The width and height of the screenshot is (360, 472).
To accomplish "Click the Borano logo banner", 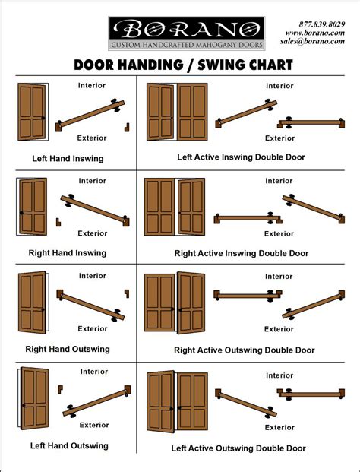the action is [187, 33].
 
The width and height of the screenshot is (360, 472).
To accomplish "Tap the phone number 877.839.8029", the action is [322, 24].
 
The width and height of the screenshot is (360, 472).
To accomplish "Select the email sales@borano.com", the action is [312, 41].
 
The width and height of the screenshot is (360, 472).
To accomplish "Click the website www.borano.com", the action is [315, 33].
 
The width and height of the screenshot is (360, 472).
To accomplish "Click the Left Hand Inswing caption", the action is [68, 158].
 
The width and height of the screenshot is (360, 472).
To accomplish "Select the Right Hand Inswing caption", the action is [68, 253].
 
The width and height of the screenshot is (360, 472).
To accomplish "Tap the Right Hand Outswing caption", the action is [68, 349].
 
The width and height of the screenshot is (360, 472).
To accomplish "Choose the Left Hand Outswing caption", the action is [69, 445].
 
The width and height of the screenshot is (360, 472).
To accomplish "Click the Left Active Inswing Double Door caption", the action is [241, 157].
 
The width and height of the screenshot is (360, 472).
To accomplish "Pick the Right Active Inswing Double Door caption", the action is [242, 253].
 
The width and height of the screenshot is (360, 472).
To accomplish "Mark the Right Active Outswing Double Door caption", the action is [245, 350].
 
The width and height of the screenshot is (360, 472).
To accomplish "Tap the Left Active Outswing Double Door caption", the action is [238, 448].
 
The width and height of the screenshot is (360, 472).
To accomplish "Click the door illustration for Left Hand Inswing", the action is [33, 112].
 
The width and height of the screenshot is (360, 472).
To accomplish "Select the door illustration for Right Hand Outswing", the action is [33, 303].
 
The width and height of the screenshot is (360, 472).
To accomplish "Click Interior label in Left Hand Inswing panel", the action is [92, 85].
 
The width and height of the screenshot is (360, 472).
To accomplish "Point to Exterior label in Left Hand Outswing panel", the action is [94, 425].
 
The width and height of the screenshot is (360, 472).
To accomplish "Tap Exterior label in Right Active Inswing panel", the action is [279, 233].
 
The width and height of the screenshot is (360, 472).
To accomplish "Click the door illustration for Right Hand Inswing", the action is [32, 207].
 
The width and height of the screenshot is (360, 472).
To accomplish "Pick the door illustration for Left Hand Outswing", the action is [33, 398].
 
